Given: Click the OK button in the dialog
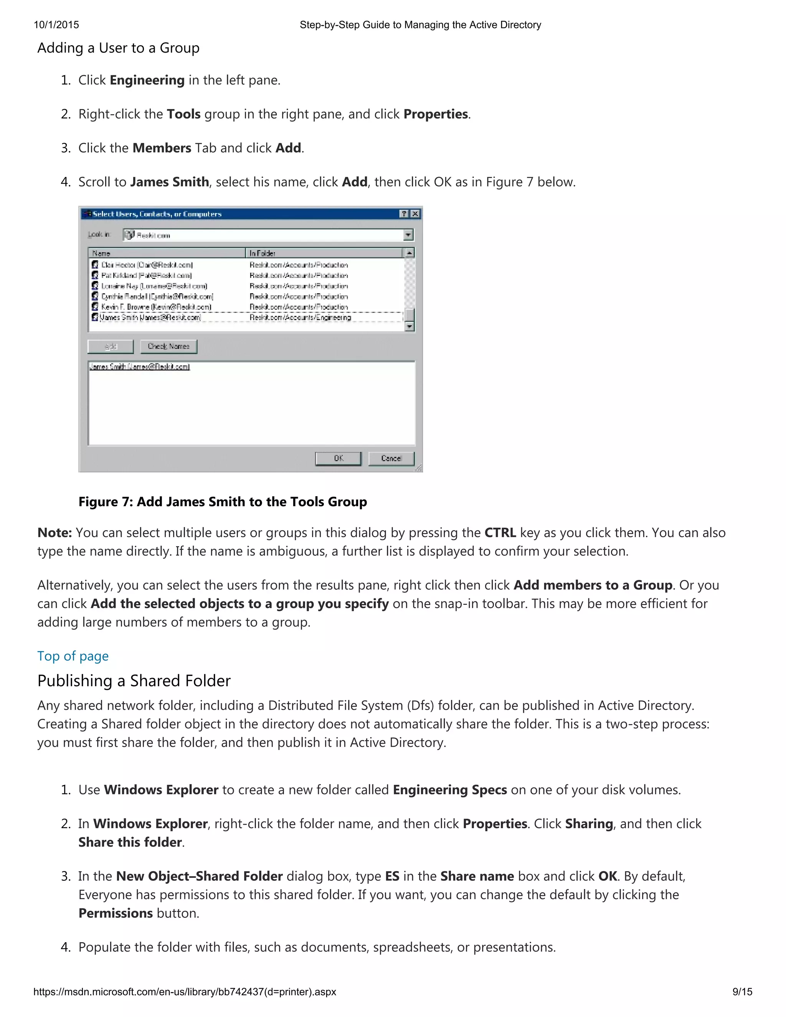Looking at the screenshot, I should point(338,458).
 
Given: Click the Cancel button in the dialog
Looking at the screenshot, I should point(391,458).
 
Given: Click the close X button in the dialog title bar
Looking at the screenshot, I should point(415,214).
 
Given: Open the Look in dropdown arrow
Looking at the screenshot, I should point(408,235).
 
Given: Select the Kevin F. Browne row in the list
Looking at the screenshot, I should point(156,307).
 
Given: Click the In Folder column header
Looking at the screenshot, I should point(323,253).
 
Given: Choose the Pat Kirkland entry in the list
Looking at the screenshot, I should point(146,276).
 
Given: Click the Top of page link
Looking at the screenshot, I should point(73,656).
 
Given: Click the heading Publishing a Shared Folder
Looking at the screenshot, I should point(134,681).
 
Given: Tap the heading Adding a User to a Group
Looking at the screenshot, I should point(118,48).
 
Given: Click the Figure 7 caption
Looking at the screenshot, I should point(223,502).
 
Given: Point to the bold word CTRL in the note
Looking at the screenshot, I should point(500,533).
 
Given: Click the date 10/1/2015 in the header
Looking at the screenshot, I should point(56,25).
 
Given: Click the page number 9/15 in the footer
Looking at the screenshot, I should point(742,992).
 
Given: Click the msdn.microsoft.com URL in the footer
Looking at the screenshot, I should point(184,992).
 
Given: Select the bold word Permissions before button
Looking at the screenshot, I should point(116,913).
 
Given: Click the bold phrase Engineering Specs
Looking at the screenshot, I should point(450,790).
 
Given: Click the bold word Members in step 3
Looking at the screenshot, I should point(162,148).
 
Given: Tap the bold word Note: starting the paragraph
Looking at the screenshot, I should point(54,533).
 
